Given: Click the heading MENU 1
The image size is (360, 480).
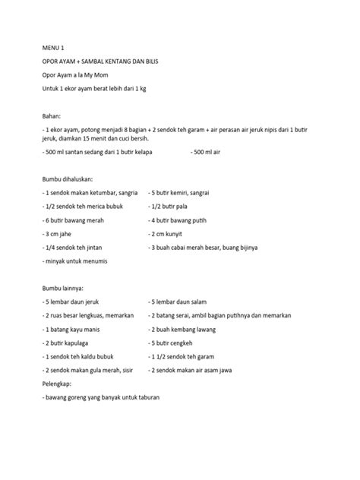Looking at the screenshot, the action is point(54,46).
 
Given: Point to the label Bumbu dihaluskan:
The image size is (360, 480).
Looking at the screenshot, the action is point(71,180).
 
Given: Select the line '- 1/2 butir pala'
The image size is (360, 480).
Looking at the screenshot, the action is point(170,208).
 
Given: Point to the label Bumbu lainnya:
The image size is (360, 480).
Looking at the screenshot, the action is point(64,289).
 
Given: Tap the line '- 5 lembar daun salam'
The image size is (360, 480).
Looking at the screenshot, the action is point(180,303).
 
